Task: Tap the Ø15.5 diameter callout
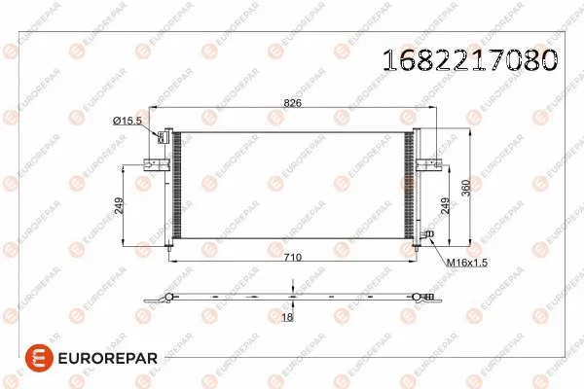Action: [128, 120]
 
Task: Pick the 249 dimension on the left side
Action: [119, 205]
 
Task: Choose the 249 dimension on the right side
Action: [445, 205]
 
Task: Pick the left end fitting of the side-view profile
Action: [167, 298]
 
